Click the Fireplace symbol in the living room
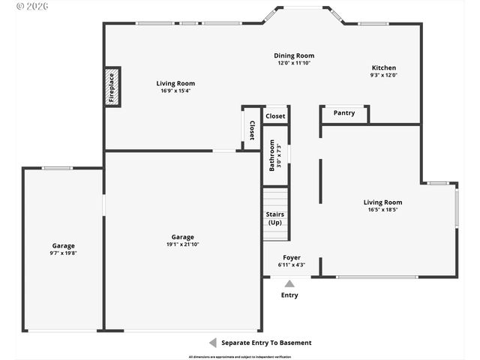(112, 86)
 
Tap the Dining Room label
(294, 55)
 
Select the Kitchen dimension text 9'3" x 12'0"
(383, 75)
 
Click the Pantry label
(344, 113)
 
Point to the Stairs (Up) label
(275, 218)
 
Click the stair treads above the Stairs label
(275, 199)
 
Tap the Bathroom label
(273, 154)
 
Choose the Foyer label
(291, 257)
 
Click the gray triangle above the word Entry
(289, 283)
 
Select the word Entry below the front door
(289, 295)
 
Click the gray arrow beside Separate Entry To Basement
(212, 343)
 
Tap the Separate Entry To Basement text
(266, 343)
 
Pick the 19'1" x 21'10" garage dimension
(182, 244)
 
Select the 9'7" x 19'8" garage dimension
(64, 253)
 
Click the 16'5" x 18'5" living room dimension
(382, 210)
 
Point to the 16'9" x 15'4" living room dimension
(175, 91)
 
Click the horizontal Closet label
(275, 116)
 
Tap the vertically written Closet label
(252, 130)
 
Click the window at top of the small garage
(57, 168)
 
